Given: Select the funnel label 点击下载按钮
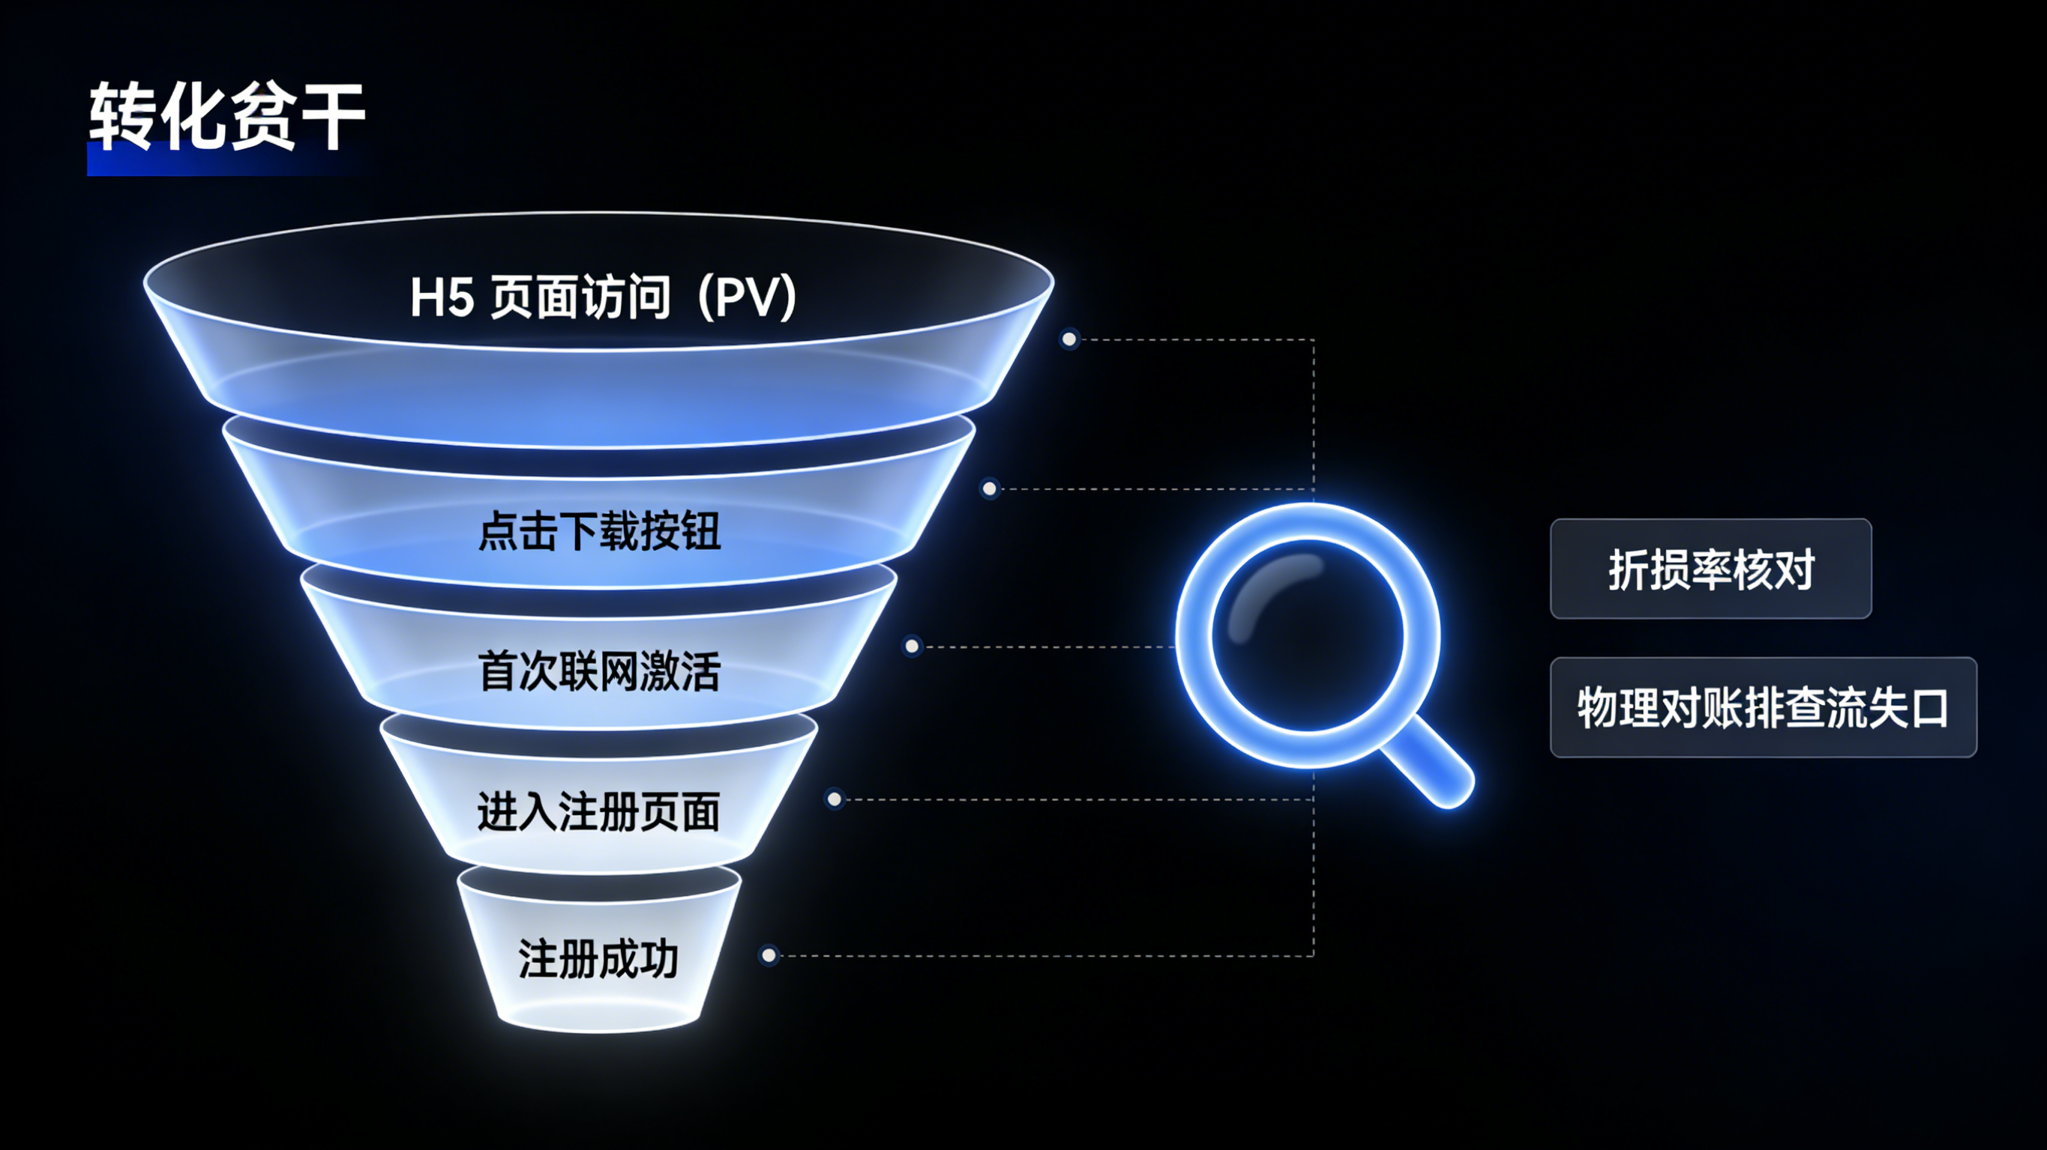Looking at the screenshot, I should click(599, 530).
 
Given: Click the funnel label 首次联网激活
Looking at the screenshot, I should click(599, 671).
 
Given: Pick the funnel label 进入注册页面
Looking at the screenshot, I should click(598, 811).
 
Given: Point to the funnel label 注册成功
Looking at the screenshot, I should click(598, 959).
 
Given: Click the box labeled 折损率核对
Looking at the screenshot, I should click(1710, 569).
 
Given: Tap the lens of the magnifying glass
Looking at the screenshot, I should click(1307, 635).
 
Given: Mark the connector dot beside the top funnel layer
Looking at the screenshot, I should click(1069, 340).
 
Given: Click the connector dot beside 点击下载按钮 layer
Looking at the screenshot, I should click(989, 488).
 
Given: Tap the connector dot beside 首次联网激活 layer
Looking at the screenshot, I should click(913, 647).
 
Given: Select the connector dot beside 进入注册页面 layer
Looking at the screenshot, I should click(835, 799).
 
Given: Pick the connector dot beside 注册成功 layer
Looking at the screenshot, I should click(769, 955).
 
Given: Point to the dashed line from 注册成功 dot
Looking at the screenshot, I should click(1033, 955).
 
